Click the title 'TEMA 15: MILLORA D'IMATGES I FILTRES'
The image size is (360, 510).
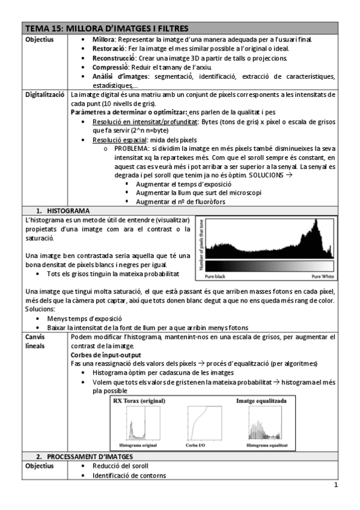click(106, 28)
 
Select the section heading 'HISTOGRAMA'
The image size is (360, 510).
click(69, 210)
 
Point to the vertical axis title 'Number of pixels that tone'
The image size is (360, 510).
click(201, 243)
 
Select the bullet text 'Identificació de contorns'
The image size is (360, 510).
click(129, 476)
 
